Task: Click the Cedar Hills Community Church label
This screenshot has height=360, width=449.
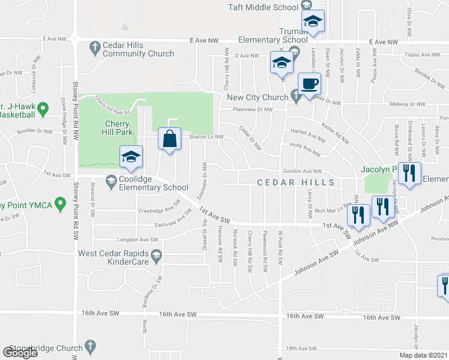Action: pos(138,49)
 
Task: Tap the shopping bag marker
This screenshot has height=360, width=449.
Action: pos(170,139)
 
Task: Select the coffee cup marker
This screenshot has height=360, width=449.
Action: pos(309,84)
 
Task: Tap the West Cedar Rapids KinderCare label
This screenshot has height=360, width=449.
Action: pos(115,257)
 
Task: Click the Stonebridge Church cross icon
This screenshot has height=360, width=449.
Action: pos(91,346)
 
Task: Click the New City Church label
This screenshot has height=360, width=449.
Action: pos(258,97)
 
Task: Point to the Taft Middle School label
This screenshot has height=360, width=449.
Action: pos(262,7)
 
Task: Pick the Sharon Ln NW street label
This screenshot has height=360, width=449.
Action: pos(206,137)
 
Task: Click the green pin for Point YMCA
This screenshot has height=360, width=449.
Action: pos(59,205)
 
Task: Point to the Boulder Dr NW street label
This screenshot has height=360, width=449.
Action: pos(36,131)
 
